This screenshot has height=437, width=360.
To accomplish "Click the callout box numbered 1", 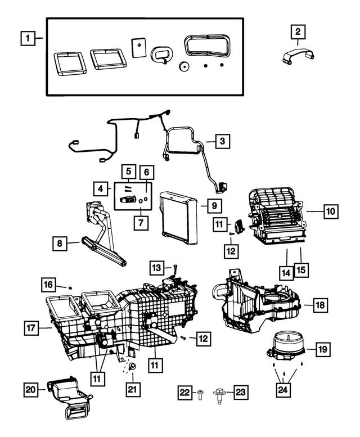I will pos(25,39).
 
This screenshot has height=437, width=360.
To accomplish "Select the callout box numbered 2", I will pos(298,32).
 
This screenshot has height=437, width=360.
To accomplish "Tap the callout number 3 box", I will pos(223,141).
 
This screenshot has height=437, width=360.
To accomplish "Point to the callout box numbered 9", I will pos(215,206).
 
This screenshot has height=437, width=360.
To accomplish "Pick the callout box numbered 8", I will pos(58,244).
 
